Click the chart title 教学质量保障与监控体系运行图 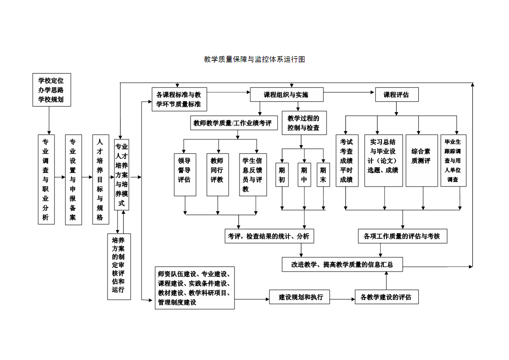254,59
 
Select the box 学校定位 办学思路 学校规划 52,90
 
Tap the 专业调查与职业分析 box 46,179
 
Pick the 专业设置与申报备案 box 73,179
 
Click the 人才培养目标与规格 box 100,179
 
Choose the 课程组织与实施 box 286,94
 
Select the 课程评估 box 396,94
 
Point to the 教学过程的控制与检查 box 303,123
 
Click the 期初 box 282,174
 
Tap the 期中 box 304,174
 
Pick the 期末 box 323,174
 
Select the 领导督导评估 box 185,175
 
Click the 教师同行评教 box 218,175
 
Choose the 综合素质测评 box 421,160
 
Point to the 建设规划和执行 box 299,297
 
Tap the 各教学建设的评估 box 387,297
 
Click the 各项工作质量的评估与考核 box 403,236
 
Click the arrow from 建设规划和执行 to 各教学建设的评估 342,299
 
